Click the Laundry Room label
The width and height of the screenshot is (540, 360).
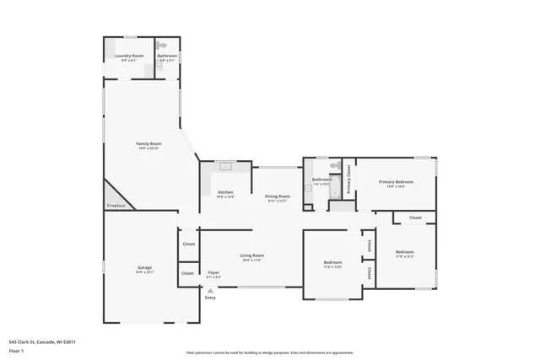click(129, 56)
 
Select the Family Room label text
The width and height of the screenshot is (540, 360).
click(148, 143)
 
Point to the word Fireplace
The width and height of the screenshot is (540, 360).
click(115, 206)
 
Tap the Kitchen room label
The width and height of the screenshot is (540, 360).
click(225, 192)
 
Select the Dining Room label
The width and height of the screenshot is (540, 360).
click(278, 196)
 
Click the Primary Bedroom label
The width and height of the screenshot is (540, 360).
click(396, 182)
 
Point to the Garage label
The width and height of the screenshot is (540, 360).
click(145, 267)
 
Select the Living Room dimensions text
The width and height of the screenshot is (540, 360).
click(252, 261)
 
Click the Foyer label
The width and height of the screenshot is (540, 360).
click(214, 272)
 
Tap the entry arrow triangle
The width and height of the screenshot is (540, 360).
click(210, 290)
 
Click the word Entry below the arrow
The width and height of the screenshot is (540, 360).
click(210, 298)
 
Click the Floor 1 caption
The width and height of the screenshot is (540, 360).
click(17, 349)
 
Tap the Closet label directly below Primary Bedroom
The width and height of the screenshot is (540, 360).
click(415, 218)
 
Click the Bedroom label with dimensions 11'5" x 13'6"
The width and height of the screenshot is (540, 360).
click(332, 264)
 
